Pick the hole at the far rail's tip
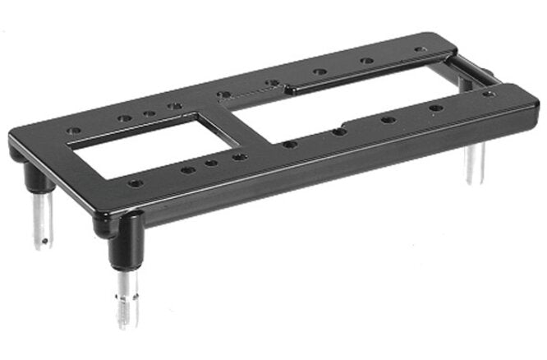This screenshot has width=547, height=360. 420,50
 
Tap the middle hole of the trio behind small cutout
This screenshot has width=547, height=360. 149,114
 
